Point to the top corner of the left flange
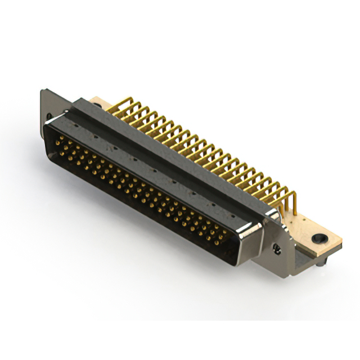tap(42, 91)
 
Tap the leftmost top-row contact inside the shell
tap(57, 137)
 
